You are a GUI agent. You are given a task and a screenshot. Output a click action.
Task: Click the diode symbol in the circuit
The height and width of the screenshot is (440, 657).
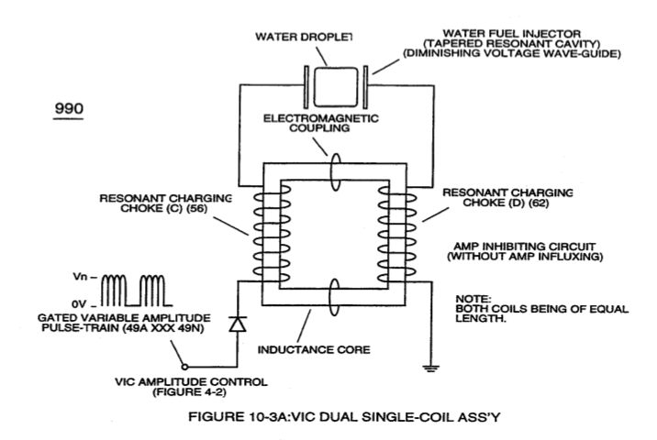point(238,324)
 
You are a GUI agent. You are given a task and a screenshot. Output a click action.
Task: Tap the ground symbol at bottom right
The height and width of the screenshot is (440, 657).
point(431,368)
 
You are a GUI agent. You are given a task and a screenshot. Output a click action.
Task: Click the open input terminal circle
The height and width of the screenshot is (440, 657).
point(184,368)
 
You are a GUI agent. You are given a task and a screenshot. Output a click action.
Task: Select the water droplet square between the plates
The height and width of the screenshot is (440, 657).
point(336,87)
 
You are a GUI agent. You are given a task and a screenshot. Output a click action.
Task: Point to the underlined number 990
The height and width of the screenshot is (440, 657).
point(69,109)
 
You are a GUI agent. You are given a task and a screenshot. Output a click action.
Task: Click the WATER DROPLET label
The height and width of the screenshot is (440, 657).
point(304,37)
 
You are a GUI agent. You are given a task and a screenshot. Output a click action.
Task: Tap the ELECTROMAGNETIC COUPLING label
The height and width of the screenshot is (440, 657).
point(320,123)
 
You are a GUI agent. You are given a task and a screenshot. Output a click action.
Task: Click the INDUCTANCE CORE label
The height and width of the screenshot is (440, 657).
point(314,349)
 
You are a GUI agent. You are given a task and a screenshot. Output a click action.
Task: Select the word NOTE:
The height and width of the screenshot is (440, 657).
point(473,299)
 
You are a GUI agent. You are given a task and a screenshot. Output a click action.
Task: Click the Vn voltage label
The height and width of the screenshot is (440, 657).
point(80,277)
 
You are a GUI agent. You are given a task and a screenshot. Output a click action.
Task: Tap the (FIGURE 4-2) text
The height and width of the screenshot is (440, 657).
point(189,392)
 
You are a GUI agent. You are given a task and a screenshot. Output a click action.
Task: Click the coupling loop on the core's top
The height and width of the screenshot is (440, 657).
point(335,172)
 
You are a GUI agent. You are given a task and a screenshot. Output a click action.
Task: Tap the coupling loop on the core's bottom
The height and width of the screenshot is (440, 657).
point(334,297)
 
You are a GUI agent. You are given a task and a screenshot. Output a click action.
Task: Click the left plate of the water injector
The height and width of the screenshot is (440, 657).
point(306,87)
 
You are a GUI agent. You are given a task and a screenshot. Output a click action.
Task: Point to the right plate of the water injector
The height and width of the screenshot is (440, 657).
point(365,87)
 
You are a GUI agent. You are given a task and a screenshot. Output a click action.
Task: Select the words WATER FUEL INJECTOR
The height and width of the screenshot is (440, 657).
point(512,34)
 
